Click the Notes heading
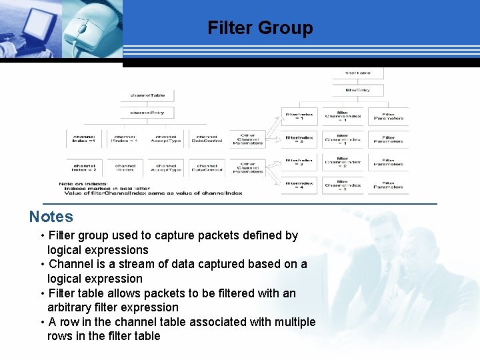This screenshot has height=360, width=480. tap(51, 217)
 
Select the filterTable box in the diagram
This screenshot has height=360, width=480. tap(358, 73)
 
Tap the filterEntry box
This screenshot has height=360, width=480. tap(358, 89)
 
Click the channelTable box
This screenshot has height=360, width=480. tap(147, 95)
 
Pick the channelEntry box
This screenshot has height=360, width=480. tap(147, 112)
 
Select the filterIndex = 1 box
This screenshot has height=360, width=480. tap(299, 116)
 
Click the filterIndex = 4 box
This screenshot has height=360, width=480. tap(299, 184)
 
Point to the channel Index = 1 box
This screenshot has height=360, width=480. tap(85, 139)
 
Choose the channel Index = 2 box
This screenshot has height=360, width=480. tap(85, 168)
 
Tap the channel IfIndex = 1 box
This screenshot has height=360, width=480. tap(125, 139)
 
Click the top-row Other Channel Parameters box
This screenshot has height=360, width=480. tap(247, 139)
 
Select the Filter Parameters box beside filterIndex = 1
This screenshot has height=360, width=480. tap(389, 116)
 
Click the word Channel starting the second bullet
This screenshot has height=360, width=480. tap(70, 264)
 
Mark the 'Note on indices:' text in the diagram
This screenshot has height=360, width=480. tap(83, 183)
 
